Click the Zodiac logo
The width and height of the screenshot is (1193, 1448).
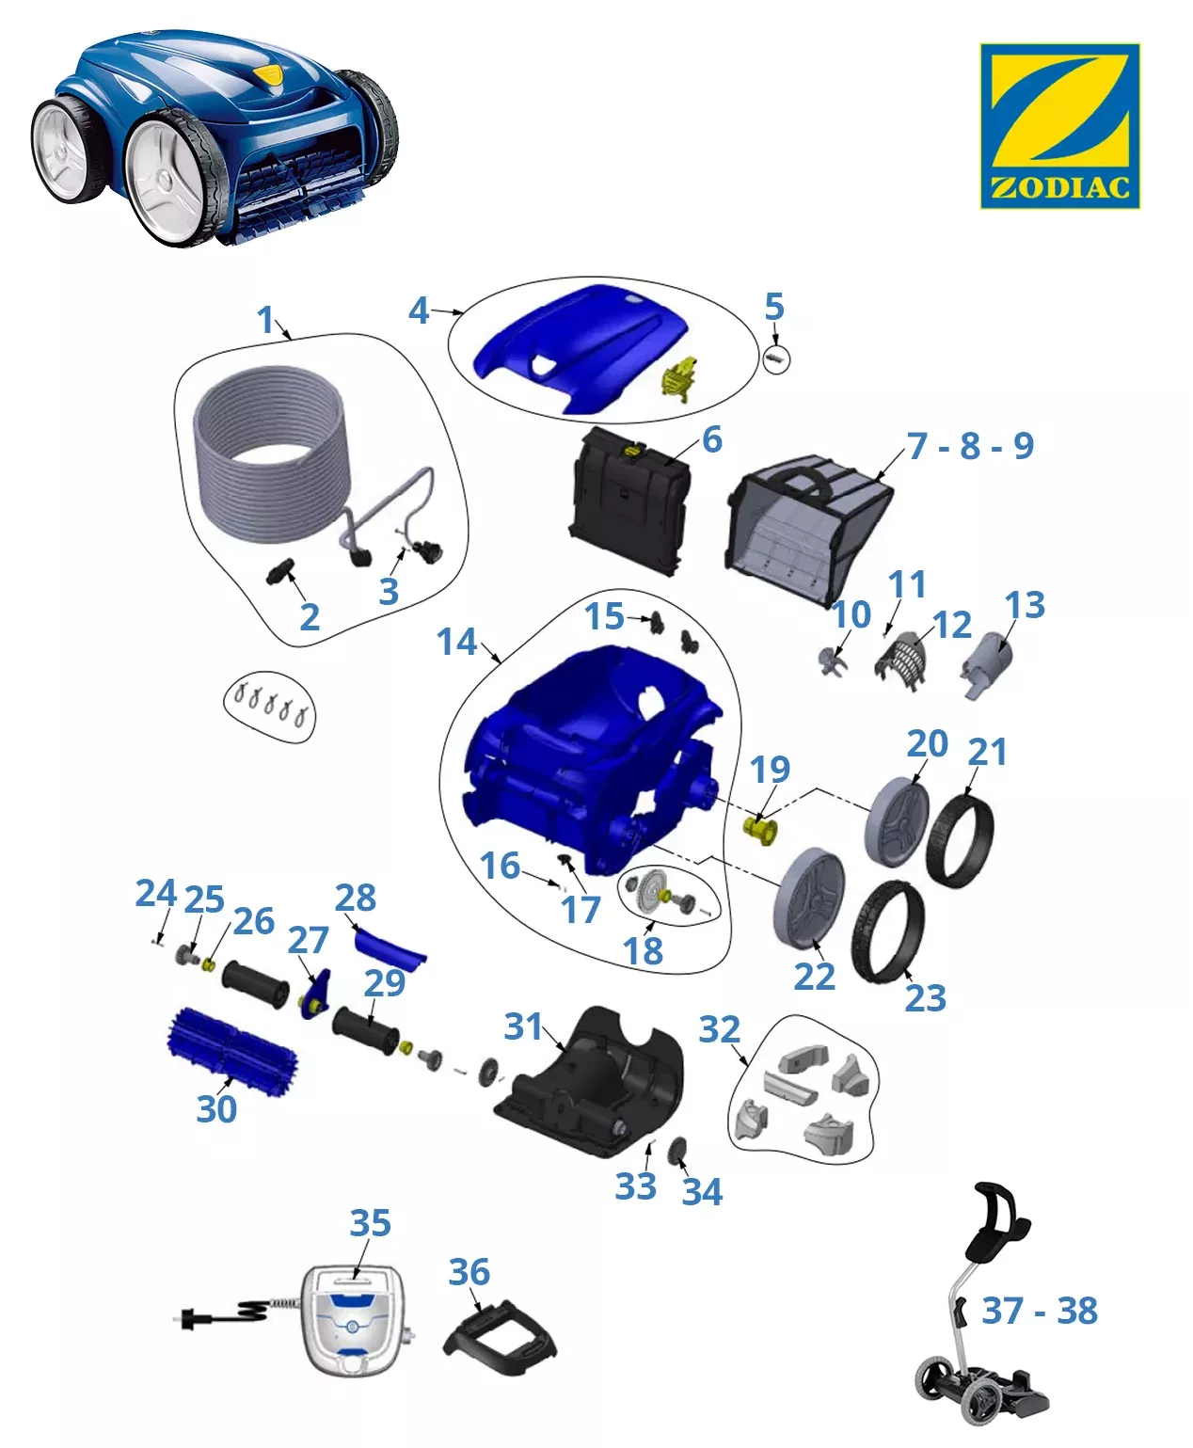(x=1059, y=125)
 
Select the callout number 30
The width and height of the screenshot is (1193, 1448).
(x=216, y=1108)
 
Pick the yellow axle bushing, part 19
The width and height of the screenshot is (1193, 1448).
(x=759, y=829)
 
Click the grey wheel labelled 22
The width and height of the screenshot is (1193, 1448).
(x=809, y=899)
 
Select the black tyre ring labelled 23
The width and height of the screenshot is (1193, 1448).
(x=888, y=931)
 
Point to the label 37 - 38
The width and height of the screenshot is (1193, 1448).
(x=1039, y=1311)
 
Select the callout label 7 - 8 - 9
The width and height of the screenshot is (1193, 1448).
(x=970, y=445)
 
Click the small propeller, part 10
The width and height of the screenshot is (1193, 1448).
(x=833, y=660)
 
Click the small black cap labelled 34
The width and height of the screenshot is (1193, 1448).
(x=677, y=1152)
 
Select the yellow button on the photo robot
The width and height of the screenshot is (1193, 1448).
(x=269, y=74)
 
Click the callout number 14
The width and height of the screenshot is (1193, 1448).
(x=456, y=642)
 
